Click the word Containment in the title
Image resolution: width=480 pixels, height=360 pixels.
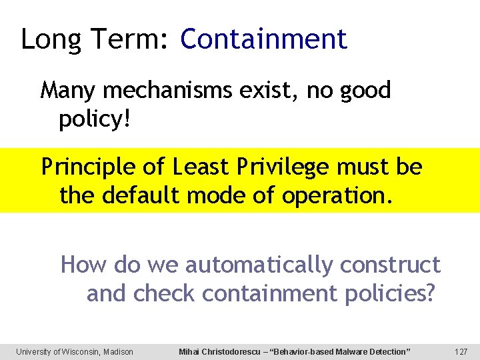pyautogui.click(x=263, y=39)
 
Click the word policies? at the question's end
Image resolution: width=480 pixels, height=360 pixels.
pyautogui.click(x=387, y=293)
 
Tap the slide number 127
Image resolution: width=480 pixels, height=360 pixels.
pyautogui.click(x=460, y=351)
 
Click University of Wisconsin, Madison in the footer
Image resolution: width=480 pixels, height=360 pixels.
pyautogui.click(x=75, y=351)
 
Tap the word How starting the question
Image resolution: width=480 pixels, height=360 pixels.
pyautogui.click(x=84, y=265)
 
